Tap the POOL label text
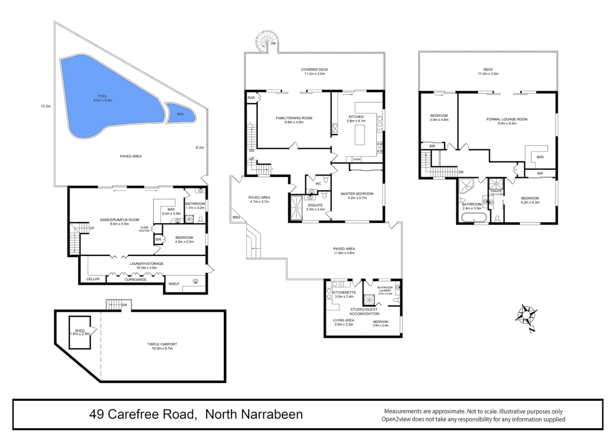tap(103, 96)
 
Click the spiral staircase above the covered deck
tap(264, 41)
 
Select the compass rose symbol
tap(527, 315)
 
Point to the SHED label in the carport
tap(80, 331)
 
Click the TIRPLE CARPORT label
tap(162, 344)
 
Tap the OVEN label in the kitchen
tap(357, 159)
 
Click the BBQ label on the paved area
tap(236, 217)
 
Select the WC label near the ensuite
tap(318, 184)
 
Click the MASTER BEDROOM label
tap(357, 194)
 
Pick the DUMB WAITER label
tap(144, 229)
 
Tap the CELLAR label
tap(93, 279)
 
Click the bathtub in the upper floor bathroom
tap(474, 217)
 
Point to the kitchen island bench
tap(360, 135)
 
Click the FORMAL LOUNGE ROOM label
tap(507, 119)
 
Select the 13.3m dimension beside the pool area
tap(46, 106)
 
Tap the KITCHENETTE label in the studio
tap(344, 292)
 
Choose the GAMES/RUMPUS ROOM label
tap(119, 220)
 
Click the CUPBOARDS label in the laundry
tap(135, 280)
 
